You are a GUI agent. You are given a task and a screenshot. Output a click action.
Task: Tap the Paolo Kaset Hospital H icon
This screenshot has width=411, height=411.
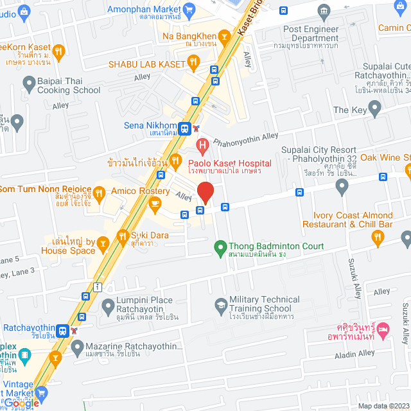pyautogui.click(x=202, y=147)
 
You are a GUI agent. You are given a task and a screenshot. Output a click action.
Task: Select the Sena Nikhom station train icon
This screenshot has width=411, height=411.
pyautogui.click(x=185, y=128)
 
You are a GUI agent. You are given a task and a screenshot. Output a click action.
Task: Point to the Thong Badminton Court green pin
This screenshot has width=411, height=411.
pyautogui.click(x=220, y=246)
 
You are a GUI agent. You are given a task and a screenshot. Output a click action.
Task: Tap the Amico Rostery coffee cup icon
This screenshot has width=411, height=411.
pyautogui.click(x=154, y=204)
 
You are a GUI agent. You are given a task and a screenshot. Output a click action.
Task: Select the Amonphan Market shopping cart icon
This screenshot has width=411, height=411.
pyautogui.click(x=188, y=9)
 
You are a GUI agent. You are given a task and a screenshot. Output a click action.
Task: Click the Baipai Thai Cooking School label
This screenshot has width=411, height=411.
pyautogui.click(x=69, y=85)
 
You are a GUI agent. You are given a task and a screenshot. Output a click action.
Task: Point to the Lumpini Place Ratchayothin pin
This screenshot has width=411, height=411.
pyautogui.click(x=107, y=304)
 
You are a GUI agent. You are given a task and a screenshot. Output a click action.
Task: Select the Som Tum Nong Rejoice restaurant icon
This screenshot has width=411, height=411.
pyautogui.click(x=99, y=192)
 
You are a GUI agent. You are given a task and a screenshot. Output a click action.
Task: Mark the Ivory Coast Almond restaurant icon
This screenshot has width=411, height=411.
pyautogui.click(x=377, y=237)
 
